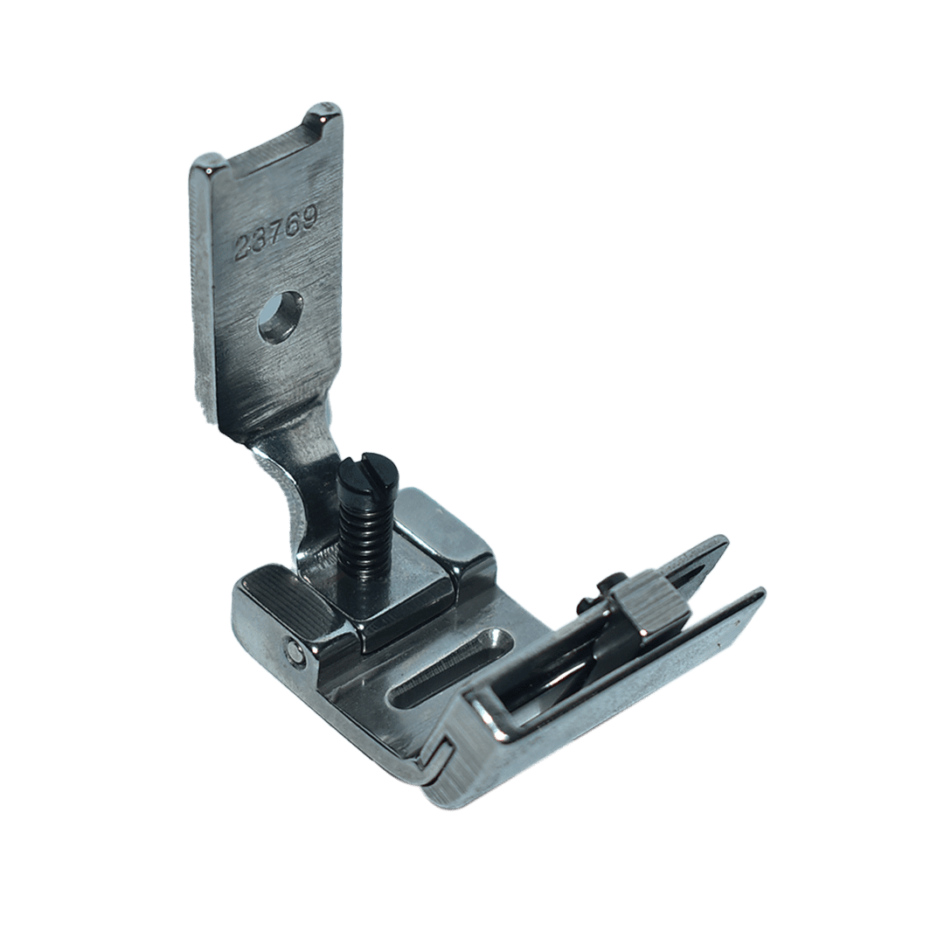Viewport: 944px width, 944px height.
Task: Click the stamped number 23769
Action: (277, 231)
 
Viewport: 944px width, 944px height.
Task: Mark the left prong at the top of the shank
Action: (206, 170)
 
